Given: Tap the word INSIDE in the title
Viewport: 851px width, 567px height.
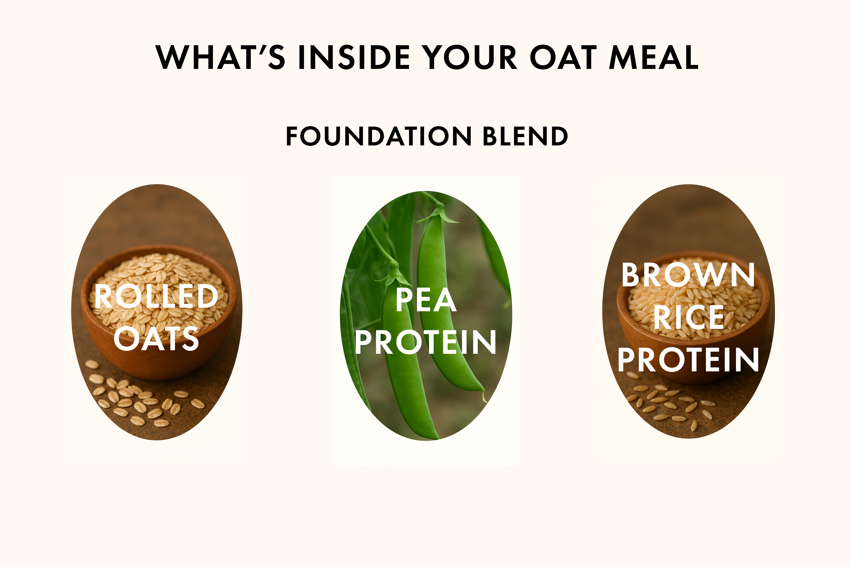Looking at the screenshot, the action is coord(354,57).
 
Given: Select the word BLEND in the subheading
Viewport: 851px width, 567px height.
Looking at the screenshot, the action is coord(525,136).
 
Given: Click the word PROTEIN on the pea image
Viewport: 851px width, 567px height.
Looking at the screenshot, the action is coord(425,342).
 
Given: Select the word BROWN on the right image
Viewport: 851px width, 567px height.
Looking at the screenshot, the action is coord(688,275).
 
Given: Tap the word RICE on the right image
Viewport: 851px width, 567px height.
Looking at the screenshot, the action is coord(688,317).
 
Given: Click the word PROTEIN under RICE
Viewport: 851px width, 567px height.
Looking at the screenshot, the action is coord(688,359).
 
